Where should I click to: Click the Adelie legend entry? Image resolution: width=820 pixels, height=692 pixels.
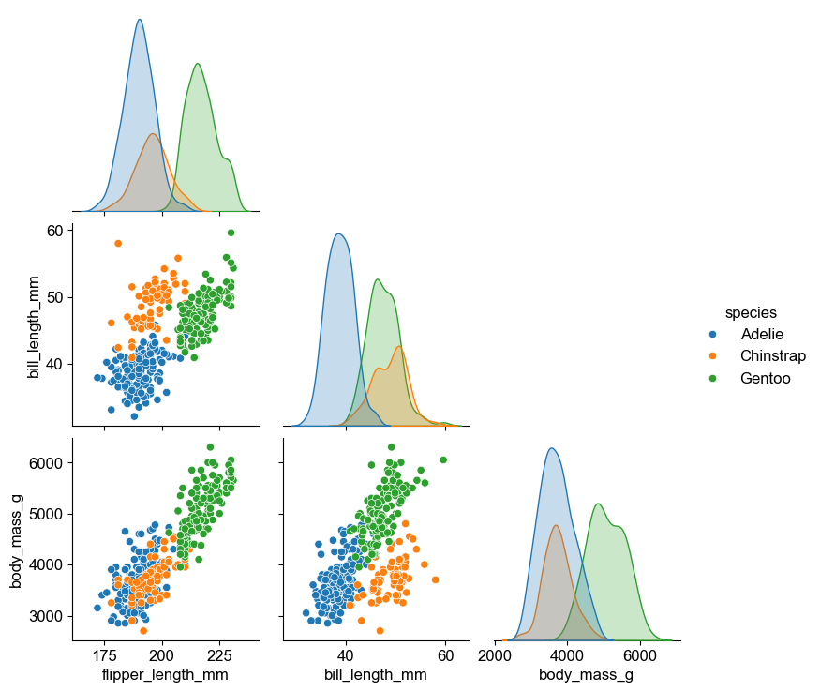[x=761, y=334]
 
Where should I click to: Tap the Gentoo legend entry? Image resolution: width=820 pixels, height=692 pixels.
[x=765, y=379]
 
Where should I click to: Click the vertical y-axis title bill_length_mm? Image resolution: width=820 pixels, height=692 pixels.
[x=35, y=327]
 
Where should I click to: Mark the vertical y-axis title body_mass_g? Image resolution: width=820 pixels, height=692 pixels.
[x=17, y=539]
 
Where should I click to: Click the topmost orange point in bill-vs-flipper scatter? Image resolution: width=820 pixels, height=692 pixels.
[x=118, y=244]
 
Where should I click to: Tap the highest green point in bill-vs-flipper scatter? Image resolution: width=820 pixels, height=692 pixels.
[x=231, y=233]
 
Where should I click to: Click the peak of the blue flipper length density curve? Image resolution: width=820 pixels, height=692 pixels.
[x=140, y=20]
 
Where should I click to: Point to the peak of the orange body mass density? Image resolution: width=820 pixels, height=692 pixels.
[x=556, y=525]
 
